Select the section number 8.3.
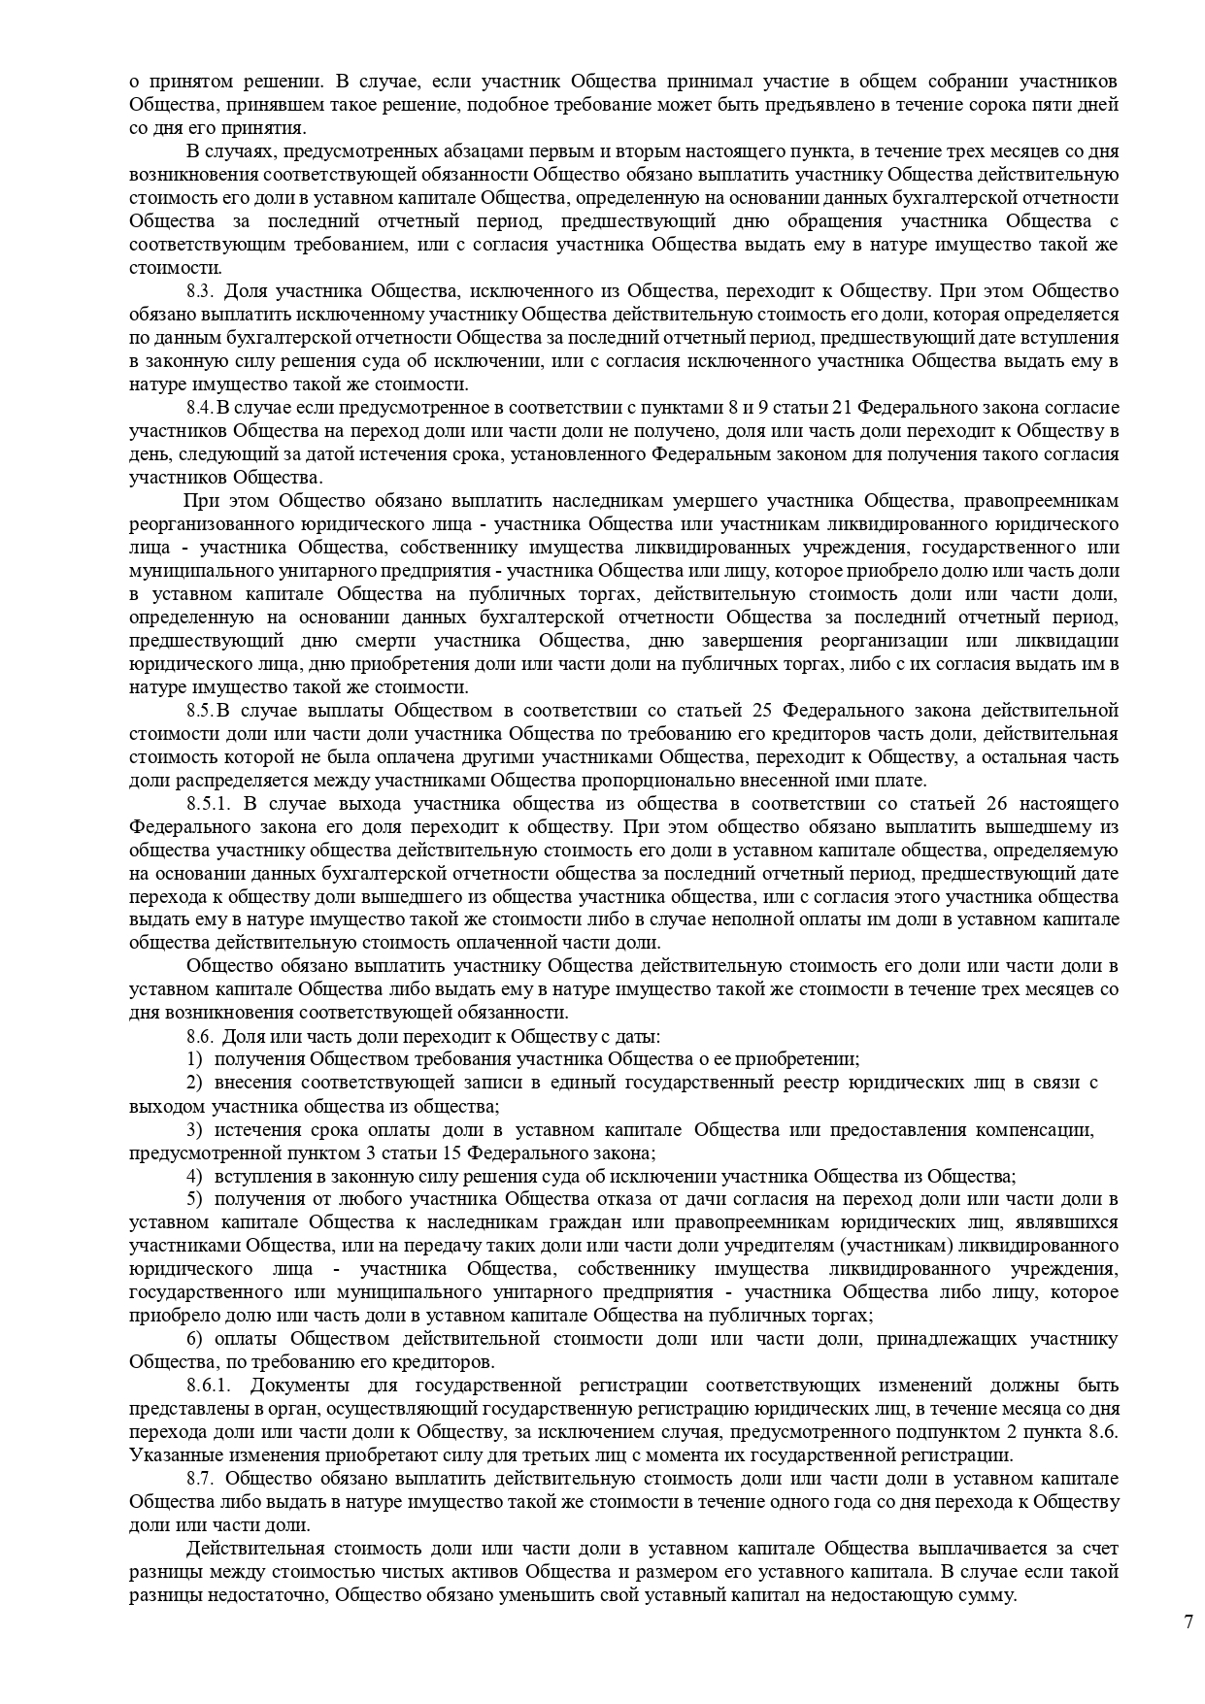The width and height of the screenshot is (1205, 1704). pos(199,291)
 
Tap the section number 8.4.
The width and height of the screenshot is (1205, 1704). pos(199,408)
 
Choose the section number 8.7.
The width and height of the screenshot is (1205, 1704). pos(199,1479)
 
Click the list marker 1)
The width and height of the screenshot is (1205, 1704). pos(194,1059)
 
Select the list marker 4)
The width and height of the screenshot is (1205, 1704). pos(194,1176)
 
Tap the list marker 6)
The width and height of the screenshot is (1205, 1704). pos(194,1339)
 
